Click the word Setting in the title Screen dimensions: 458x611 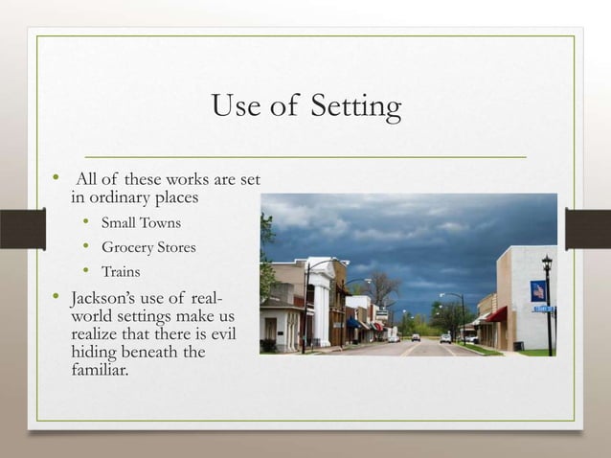[355, 107]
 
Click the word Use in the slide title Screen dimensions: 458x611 [237, 105]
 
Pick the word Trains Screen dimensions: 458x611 [121, 271]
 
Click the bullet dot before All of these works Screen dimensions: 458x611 [56, 178]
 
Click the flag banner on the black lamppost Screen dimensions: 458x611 [537, 291]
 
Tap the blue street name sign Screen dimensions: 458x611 [543, 309]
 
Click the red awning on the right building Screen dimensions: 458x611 [497, 314]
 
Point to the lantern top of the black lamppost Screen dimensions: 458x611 [547, 262]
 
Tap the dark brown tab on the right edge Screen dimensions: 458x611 [588, 229]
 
